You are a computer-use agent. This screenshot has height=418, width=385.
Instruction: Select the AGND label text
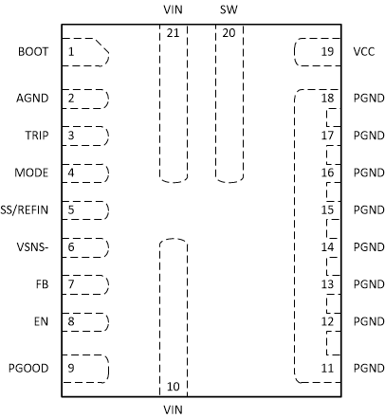(34, 98)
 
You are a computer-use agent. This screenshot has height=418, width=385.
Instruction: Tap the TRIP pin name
(37, 136)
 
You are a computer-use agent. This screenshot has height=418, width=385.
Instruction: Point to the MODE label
(33, 173)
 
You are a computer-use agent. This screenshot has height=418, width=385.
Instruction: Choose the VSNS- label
(34, 247)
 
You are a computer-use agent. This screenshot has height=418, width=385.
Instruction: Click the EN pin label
(43, 321)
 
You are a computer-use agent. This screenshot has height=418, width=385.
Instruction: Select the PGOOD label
(30, 367)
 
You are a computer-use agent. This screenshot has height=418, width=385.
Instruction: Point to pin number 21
(173, 32)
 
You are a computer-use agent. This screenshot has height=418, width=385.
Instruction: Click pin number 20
(229, 32)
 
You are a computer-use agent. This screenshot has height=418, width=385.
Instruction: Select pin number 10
(173, 386)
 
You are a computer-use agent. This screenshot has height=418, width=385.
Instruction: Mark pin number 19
(327, 51)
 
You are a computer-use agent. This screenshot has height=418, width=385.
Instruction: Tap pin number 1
(71, 51)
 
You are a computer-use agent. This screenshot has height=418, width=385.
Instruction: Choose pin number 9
(71, 368)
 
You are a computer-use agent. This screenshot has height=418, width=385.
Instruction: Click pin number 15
(327, 210)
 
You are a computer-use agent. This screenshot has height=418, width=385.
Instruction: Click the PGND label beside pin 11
(366, 368)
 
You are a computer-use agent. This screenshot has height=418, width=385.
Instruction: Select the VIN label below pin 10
(173, 409)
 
